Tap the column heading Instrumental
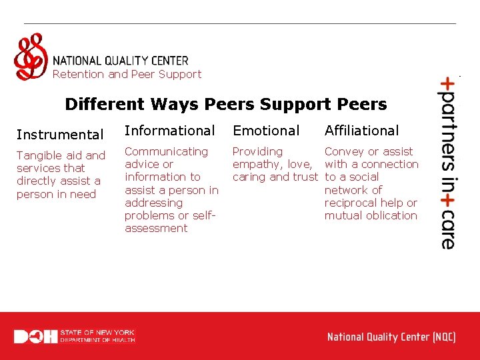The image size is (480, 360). (59, 135)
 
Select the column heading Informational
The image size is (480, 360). (169, 131)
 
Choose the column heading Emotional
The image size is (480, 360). (265, 131)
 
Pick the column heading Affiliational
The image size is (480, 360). (361, 131)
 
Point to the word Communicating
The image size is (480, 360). (166, 151)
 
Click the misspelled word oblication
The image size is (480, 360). (393, 215)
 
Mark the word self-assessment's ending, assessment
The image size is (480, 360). (156, 228)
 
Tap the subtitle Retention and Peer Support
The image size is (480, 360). (127, 74)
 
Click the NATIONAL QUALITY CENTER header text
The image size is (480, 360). (120, 61)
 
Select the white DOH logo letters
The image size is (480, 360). (35, 336)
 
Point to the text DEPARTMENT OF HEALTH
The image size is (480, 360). (97, 340)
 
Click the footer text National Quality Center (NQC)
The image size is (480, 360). (391, 337)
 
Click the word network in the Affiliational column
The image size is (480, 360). (353, 190)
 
